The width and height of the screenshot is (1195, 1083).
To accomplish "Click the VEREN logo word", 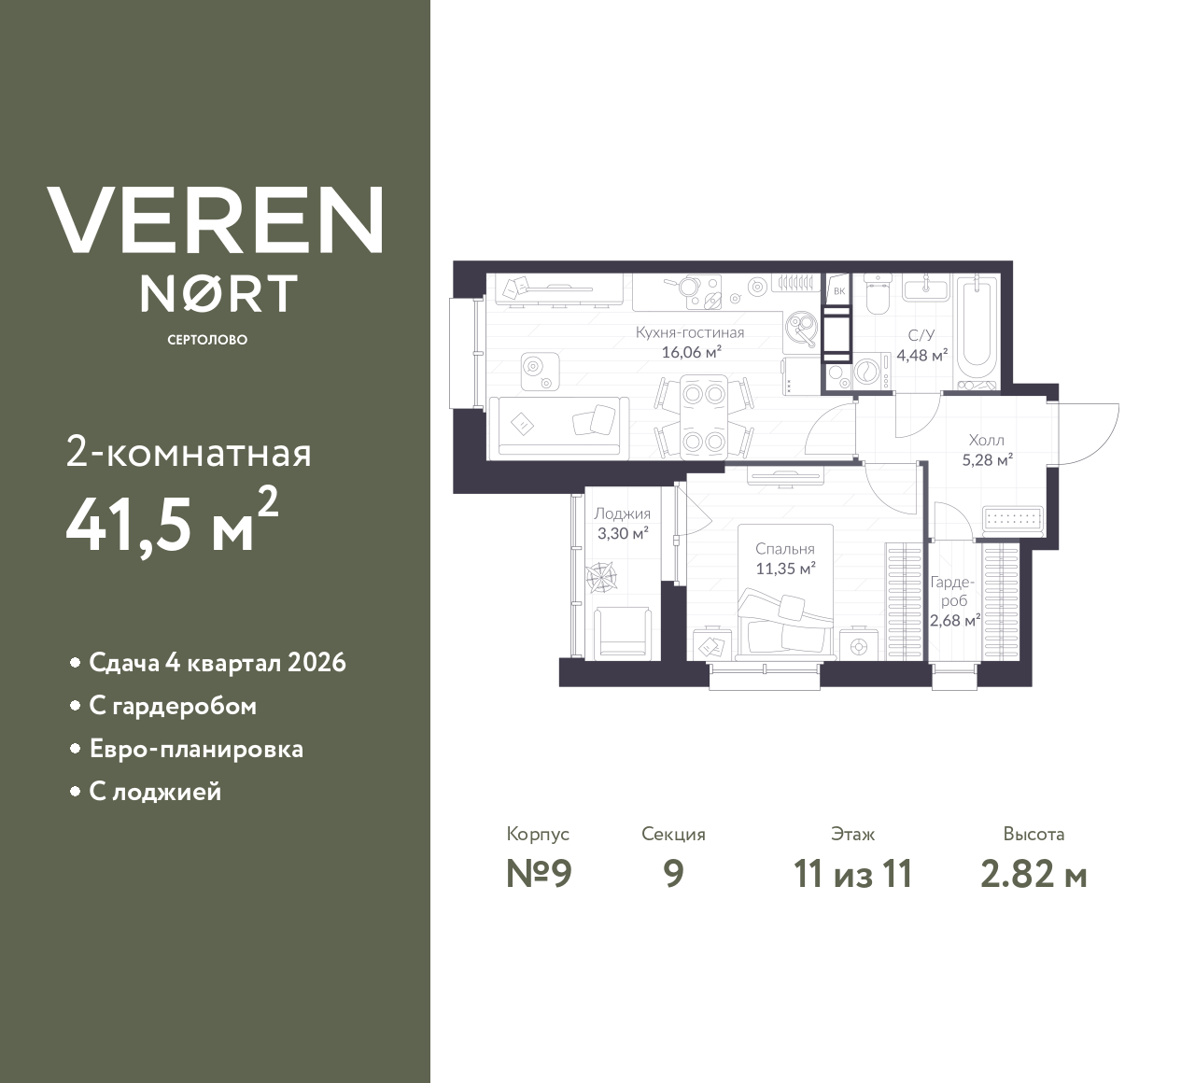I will (x=215, y=220).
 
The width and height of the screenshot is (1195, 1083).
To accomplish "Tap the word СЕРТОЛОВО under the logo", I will (x=207, y=340).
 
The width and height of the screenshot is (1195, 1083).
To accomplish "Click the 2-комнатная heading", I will (x=189, y=454).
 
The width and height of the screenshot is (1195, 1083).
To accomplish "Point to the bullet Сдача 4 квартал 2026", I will (x=217, y=663).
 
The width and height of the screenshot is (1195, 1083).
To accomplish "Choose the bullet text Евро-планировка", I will (x=196, y=749).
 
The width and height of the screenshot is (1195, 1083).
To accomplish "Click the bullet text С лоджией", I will (x=155, y=792).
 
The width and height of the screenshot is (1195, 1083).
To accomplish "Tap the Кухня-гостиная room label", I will (x=690, y=332).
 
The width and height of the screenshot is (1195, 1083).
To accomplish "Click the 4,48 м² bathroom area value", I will (x=921, y=355).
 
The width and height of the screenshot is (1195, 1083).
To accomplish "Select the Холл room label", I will (x=987, y=440).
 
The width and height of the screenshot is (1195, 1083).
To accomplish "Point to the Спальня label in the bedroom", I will (x=785, y=549).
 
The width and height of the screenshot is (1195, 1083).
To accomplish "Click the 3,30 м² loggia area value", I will (x=623, y=534).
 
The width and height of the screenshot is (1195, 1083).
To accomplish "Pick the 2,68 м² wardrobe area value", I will (x=954, y=620).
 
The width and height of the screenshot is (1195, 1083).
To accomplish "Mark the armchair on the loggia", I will (x=622, y=631).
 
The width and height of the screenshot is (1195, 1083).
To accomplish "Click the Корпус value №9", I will (x=538, y=874).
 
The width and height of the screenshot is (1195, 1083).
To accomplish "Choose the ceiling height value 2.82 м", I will (x=1033, y=874).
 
